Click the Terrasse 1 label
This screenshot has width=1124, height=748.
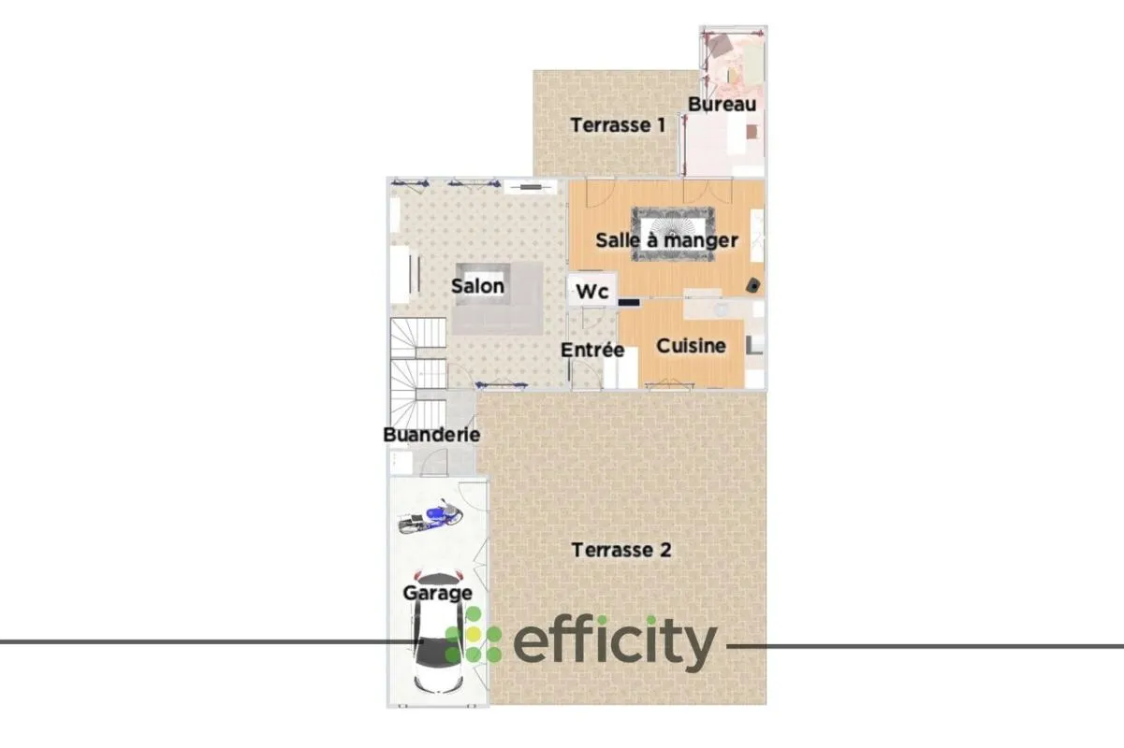pyautogui.click(x=618, y=125)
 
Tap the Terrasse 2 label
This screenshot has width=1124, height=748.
pyautogui.click(x=621, y=550)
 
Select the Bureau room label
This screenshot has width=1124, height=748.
pyautogui.click(x=723, y=105)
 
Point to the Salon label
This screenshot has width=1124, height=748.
pyautogui.click(x=477, y=286)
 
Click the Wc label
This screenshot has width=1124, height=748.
pyautogui.click(x=592, y=292)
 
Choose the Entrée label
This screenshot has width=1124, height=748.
pyautogui.click(x=592, y=350)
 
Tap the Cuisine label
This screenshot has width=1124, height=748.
pyautogui.click(x=691, y=345)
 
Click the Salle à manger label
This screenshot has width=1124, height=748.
pyautogui.click(x=667, y=240)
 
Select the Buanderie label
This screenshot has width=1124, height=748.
pyautogui.click(x=431, y=435)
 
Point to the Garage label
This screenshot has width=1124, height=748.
pyautogui.click(x=438, y=593)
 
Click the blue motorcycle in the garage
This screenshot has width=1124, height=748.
pyautogui.click(x=431, y=517)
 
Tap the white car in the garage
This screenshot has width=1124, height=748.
pyautogui.click(x=438, y=632)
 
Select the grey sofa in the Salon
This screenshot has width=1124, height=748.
pyautogui.click(x=497, y=298)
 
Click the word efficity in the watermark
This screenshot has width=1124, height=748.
pyautogui.click(x=615, y=643)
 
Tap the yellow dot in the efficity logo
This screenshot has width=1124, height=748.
pyautogui.click(x=474, y=635)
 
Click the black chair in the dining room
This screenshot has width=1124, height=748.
pyautogui.click(x=753, y=285)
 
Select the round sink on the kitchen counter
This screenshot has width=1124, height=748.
pyautogui.click(x=721, y=309)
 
